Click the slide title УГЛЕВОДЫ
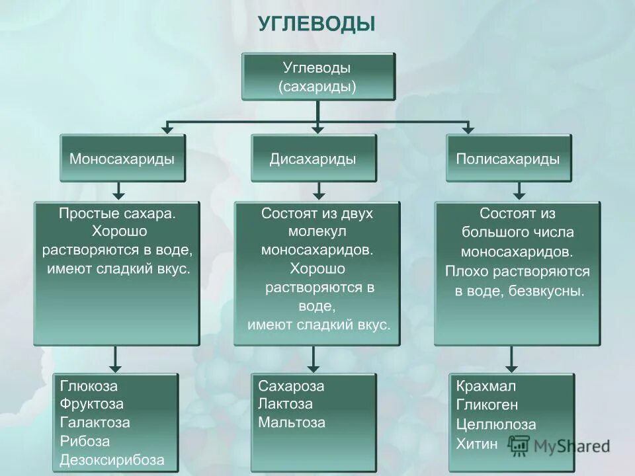point(316,24)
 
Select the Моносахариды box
point(122,159)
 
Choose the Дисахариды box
point(313,159)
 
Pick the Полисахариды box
point(508,159)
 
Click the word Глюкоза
point(89,386)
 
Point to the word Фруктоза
point(92,404)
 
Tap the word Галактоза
point(95,422)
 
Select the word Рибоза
point(85,441)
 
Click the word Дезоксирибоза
point(112,459)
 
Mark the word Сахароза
point(291,386)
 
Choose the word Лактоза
point(285,404)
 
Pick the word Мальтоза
point(292,422)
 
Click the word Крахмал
point(486,386)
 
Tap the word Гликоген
point(487,405)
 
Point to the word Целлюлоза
point(496,424)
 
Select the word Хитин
point(476,444)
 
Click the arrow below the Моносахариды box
point(118,191)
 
